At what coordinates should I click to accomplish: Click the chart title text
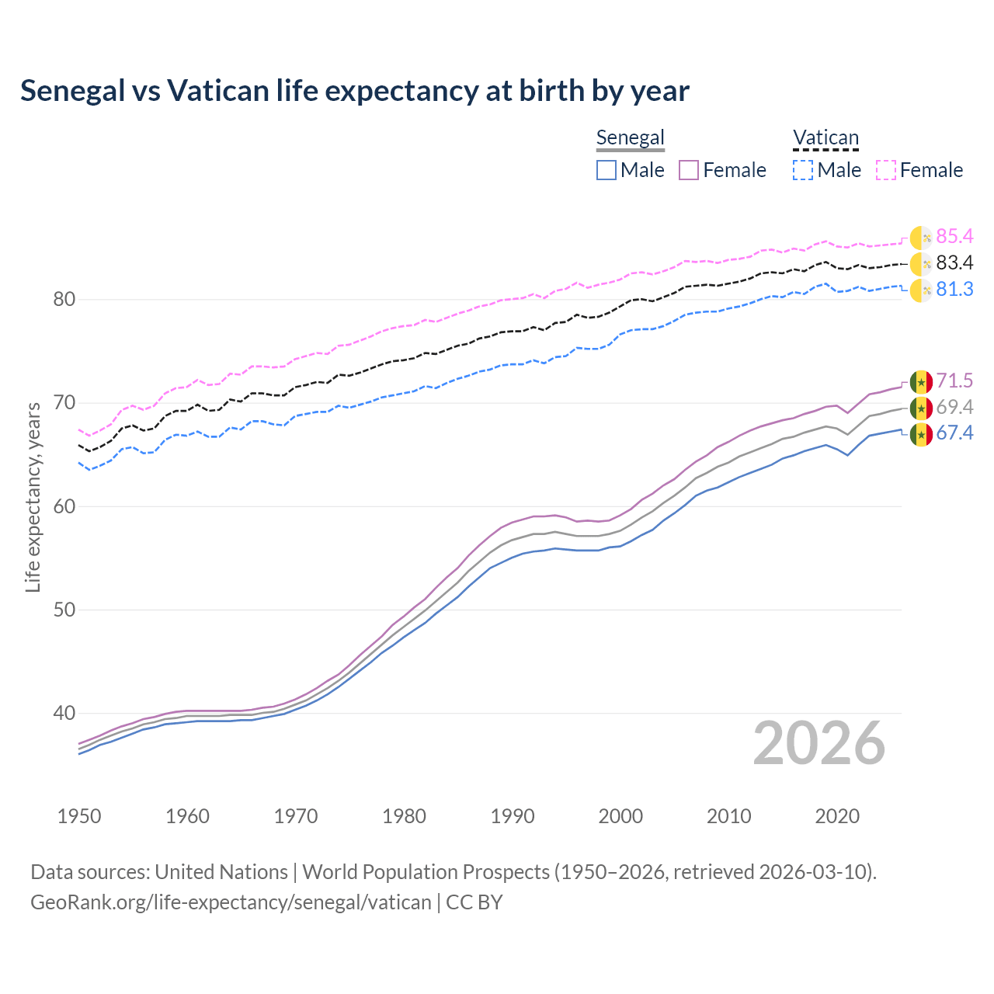point(355,91)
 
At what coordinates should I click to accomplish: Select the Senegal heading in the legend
point(630,138)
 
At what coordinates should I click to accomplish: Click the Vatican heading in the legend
point(825,138)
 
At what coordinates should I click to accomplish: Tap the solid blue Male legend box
point(606,170)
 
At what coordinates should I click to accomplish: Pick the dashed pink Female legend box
point(886,170)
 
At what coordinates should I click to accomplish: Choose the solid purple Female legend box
point(689,170)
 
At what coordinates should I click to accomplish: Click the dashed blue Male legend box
point(803,170)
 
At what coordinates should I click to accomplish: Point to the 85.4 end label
point(954,237)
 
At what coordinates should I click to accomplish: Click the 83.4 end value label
point(954,263)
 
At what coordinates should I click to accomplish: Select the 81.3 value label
point(954,290)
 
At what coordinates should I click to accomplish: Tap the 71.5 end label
point(954,381)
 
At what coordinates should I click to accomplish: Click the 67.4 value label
point(954,433)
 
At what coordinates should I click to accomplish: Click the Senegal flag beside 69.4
point(921,408)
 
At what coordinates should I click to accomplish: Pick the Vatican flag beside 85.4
point(921,238)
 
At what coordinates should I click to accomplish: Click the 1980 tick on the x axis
point(404,816)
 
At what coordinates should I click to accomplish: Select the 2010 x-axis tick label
point(728,816)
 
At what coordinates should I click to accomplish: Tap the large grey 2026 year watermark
point(819,743)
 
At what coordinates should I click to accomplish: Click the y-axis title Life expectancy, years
point(33,497)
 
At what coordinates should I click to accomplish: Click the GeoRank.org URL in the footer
point(231,902)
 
